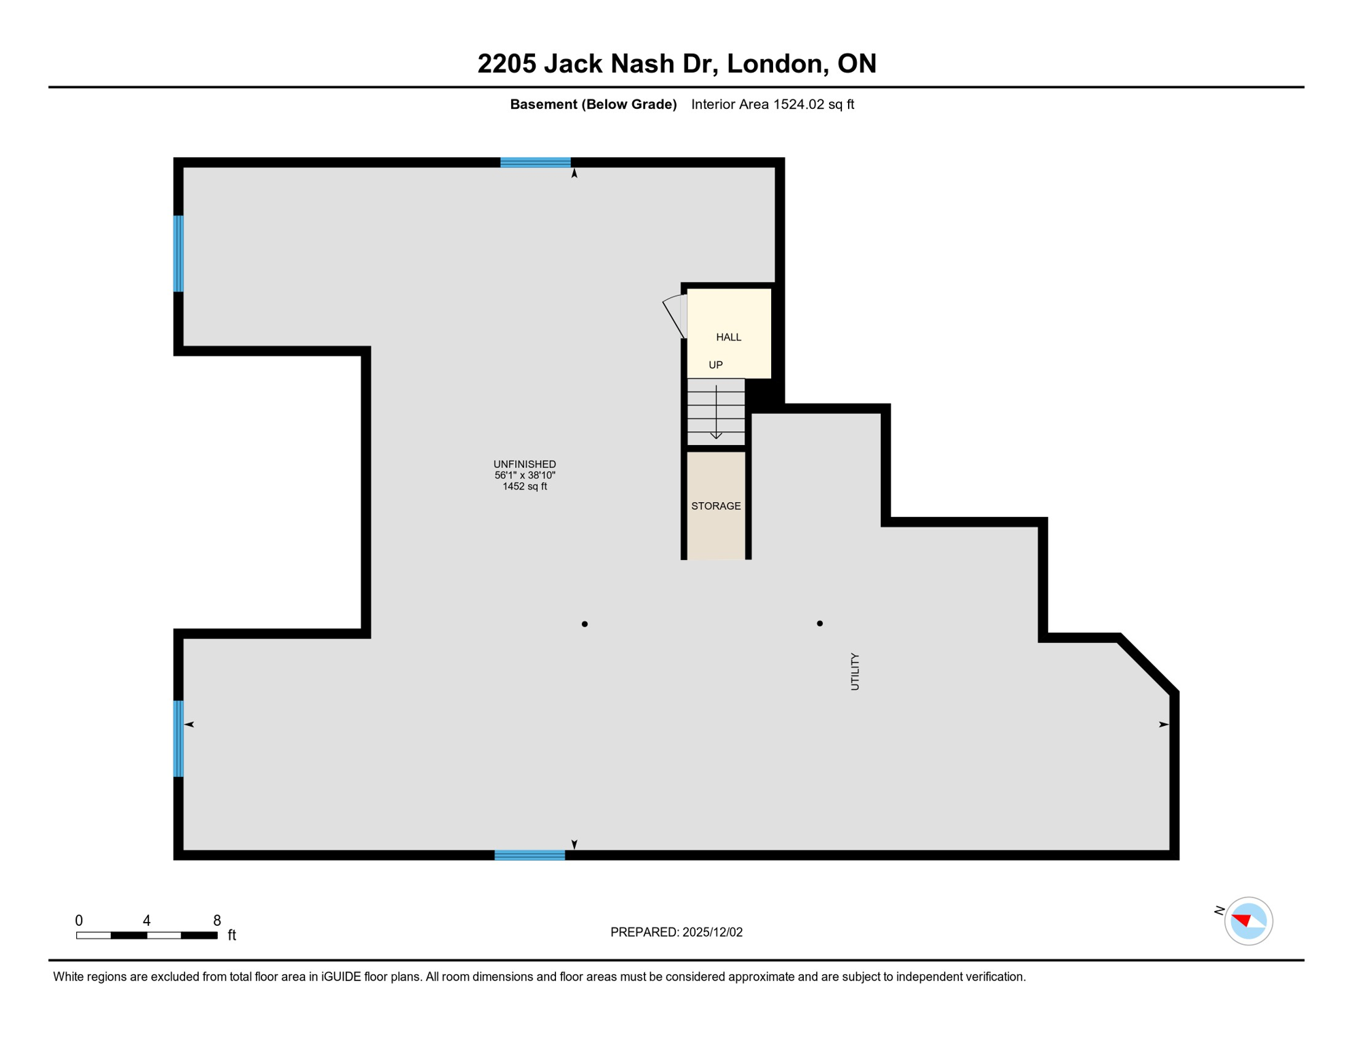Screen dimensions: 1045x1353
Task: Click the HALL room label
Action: click(x=728, y=337)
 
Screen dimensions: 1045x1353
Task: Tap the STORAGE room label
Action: click(x=716, y=506)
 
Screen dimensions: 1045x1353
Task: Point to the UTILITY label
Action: click(x=855, y=671)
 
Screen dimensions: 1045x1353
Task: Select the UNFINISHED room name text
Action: click(x=525, y=464)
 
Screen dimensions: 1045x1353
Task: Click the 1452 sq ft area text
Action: click(x=525, y=486)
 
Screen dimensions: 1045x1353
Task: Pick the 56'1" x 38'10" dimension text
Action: click(x=525, y=476)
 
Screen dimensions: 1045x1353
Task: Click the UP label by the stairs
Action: click(x=715, y=365)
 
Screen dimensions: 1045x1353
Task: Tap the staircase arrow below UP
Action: click(x=716, y=412)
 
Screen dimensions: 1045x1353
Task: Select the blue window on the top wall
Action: click(x=536, y=163)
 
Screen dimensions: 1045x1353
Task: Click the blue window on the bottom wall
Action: click(x=529, y=855)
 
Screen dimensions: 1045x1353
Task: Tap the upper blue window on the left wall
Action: click(x=179, y=254)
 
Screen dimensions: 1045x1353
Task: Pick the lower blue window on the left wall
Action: click(x=179, y=739)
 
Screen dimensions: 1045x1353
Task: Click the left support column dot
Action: click(x=585, y=624)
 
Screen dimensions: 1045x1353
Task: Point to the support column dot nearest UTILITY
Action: click(x=819, y=623)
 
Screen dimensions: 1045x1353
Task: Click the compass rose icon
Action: click(x=1248, y=921)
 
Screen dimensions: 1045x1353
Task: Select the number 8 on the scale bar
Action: click(x=217, y=920)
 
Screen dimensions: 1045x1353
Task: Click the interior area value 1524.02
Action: click(x=798, y=104)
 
